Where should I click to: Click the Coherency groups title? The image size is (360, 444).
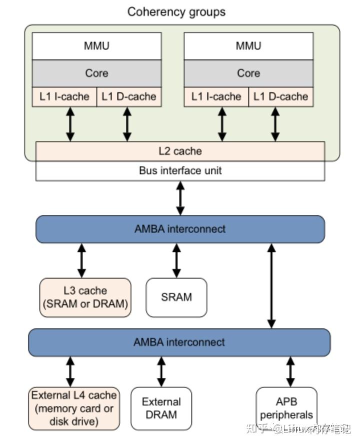(x=176, y=11)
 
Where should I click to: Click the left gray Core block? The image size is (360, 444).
(x=96, y=73)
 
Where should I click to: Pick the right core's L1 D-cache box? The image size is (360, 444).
(x=280, y=96)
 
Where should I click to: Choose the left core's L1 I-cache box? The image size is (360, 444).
(x=64, y=96)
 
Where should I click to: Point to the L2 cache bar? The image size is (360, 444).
(x=180, y=150)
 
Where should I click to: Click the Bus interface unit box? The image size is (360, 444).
(x=180, y=170)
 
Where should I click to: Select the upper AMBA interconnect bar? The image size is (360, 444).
(x=180, y=229)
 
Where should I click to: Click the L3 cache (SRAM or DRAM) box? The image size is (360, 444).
(x=85, y=297)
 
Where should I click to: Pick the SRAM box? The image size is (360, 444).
(x=176, y=297)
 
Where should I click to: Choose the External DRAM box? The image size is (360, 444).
(x=161, y=408)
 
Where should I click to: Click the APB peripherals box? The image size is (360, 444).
(x=286, y=408)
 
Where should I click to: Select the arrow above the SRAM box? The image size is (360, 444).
(x=176, y=260)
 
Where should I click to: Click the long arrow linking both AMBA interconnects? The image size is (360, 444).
(x=271, y=285)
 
